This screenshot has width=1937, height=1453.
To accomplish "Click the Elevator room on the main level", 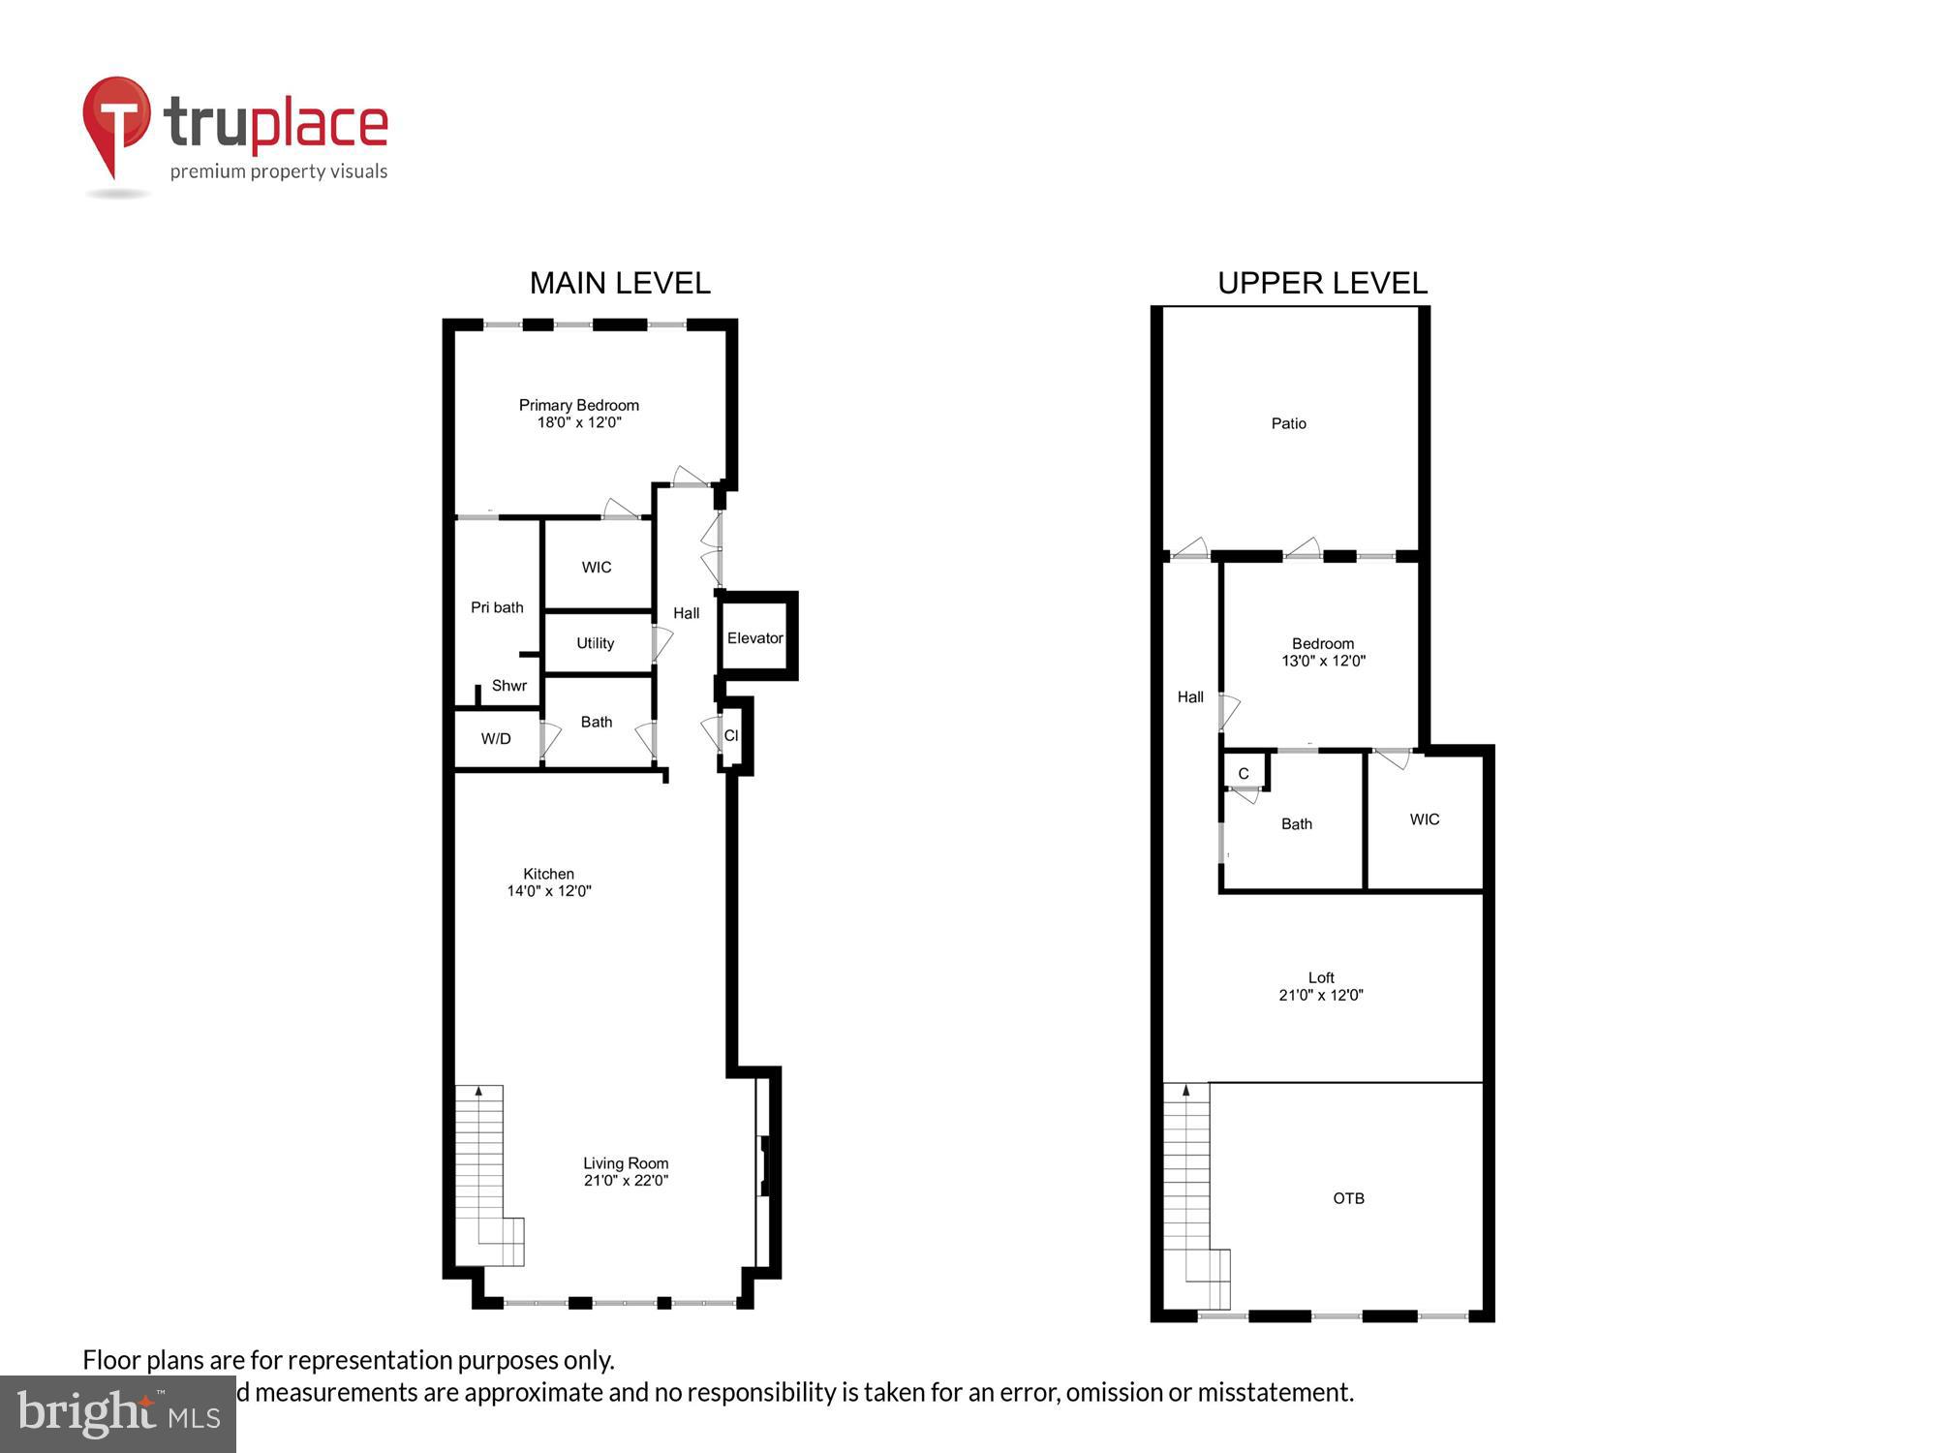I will click(755, 637).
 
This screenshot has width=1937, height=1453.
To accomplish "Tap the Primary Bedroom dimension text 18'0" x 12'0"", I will click(579, 422).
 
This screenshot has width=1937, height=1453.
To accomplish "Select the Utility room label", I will click(595, 643).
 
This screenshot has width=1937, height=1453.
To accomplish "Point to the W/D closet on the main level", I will click(496, 739).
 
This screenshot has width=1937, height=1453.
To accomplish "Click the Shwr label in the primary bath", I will click(508, 686).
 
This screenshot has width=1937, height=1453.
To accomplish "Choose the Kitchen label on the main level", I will click(548, 874).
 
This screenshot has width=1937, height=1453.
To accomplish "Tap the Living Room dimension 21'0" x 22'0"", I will click(626, 1180).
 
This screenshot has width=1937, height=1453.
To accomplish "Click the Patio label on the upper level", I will click(1288, 423).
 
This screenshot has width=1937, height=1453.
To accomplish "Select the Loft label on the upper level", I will click(1321, 977).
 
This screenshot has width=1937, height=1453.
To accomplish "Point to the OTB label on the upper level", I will click(1348, 1198).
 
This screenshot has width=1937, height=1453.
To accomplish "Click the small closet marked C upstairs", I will click(1244, 773).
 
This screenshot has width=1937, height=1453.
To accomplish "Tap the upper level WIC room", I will click(1424, 819).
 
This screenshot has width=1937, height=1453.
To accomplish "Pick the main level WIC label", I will click(597, 567).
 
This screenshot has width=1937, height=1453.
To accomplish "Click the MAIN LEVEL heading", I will click(620, 283).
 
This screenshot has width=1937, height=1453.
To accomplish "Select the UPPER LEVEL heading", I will click(1322, 283).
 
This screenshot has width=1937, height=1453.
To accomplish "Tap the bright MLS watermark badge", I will click(118, 1415).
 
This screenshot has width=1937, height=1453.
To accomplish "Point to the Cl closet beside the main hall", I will click(731, 736).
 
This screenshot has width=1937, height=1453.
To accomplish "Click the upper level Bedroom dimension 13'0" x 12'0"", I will click(1323, 661).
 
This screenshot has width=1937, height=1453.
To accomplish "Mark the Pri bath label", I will click(497, 607).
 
